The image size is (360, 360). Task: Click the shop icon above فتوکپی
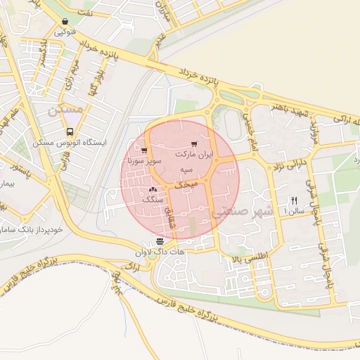65,22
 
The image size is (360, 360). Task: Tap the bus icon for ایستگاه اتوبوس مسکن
70,131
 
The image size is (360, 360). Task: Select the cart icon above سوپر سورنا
144,150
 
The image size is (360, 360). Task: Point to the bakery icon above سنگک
153,190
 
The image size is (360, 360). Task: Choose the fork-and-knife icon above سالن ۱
294,200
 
